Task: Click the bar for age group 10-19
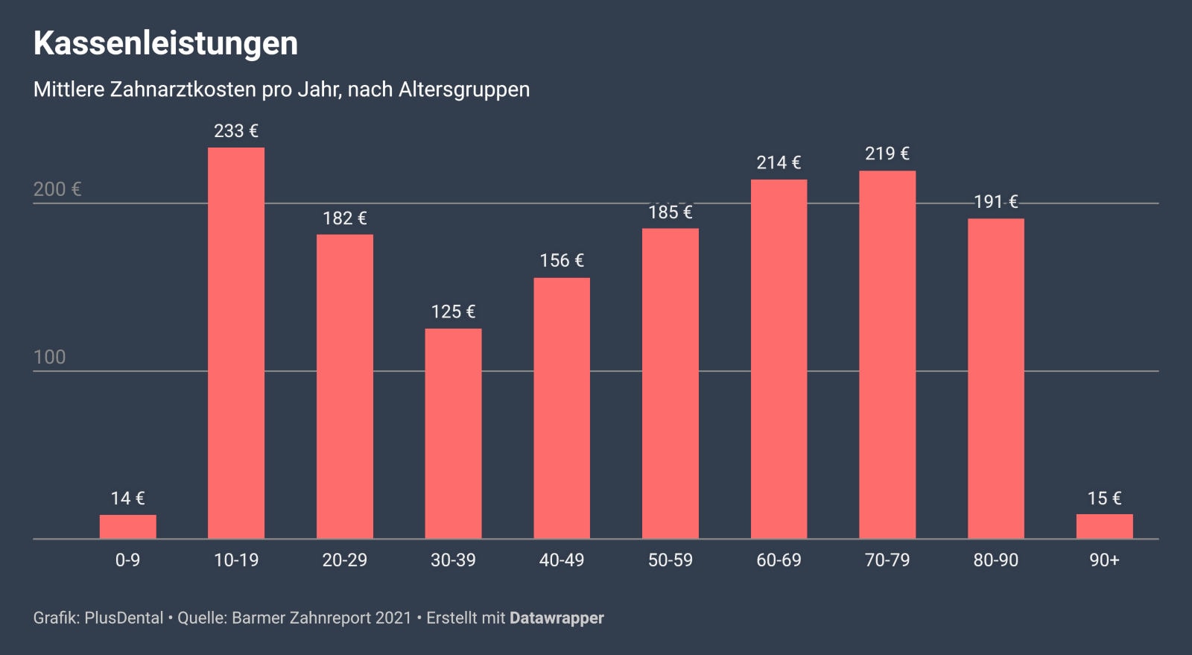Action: tap(236, 343)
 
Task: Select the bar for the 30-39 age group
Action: tap(453, 433)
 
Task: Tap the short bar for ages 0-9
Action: tap(127, 526)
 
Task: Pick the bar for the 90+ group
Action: tap(1104, 526)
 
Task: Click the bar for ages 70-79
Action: tap(887, 354)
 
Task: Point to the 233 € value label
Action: tap(236, 131)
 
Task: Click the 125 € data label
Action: tap(453, 311)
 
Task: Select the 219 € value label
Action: tap(887, 154)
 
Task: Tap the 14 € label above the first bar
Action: tap(127, 499)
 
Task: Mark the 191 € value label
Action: tap(995, 202)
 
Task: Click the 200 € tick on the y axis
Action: tap(57, 189)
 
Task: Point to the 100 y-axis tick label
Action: tap(50, 357)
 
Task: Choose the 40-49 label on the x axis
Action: tap(562, 560)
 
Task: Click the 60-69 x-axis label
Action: tap(779, 560)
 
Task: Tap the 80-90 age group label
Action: tap(995, 560)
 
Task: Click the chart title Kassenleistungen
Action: tap(165, 43)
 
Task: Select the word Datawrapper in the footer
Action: tap(557, 618)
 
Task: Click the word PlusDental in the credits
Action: tap(124, 618)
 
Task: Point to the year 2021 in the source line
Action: tap(393, 618)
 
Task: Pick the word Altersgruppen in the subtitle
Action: tap(464, 89)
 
